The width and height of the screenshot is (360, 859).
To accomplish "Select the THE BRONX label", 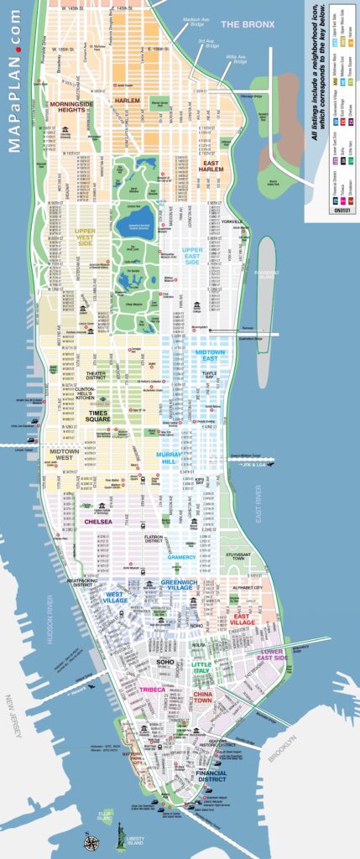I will point(248,25).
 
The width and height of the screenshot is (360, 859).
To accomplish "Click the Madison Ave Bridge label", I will point(195,22).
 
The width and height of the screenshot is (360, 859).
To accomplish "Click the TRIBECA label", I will point(153,690).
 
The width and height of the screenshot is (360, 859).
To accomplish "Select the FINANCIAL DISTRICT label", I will point(211,777).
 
